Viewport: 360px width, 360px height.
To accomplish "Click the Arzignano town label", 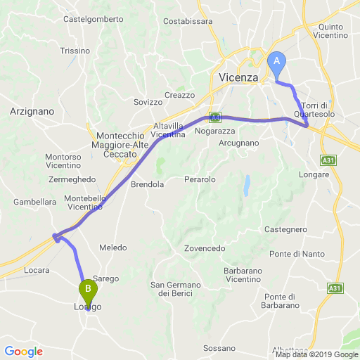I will coord(32,111).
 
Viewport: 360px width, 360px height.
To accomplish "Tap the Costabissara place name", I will coord(188,21).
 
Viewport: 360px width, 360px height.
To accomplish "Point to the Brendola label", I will coord(148,184).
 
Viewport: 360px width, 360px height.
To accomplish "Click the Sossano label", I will coord(219,348).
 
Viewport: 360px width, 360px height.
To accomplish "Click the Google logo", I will coord(23,352).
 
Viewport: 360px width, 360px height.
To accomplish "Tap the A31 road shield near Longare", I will coord(327,160).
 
